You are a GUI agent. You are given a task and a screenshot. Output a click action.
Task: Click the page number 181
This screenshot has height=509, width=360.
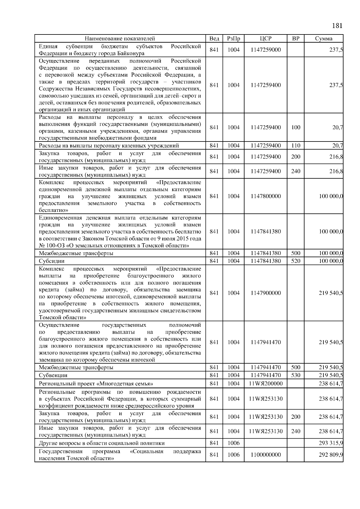click(337, 25)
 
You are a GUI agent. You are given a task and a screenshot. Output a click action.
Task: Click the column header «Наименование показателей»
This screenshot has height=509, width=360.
click(120, 38)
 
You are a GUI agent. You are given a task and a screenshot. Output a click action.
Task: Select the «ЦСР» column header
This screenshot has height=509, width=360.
click(265, 38)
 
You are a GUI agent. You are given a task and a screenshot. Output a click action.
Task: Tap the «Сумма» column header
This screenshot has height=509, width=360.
click(323, 38)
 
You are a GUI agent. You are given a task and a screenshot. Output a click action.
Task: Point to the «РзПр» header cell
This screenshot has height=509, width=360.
click(233, 38)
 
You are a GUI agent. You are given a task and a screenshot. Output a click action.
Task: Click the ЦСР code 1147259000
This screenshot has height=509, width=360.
click(265, 50)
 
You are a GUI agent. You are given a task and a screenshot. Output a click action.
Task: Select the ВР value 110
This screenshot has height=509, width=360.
click(295, 146)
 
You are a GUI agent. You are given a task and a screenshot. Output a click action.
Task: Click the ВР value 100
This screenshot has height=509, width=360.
click(295, 127)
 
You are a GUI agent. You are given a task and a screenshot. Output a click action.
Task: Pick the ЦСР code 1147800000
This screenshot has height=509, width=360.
click(265, 196)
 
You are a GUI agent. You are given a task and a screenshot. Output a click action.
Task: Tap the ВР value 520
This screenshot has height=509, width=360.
click(295, 261)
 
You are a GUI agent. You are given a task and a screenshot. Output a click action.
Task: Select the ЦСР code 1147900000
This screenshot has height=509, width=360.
click(265, 293)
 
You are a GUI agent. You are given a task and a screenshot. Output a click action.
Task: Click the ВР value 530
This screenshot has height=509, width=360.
click(295, 375)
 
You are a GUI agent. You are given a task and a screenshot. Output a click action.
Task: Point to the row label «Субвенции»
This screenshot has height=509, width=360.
click(53, 375)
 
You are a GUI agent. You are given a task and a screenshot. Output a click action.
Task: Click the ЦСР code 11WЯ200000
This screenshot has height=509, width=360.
click(265, 383)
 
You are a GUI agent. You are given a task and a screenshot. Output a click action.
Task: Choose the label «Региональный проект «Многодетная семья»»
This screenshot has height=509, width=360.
click(96, 384)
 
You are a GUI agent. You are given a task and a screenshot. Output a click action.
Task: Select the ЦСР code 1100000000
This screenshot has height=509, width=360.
click(265, 454)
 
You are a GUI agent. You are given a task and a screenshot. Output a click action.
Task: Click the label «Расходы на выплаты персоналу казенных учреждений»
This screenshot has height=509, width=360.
click(109, 146)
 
